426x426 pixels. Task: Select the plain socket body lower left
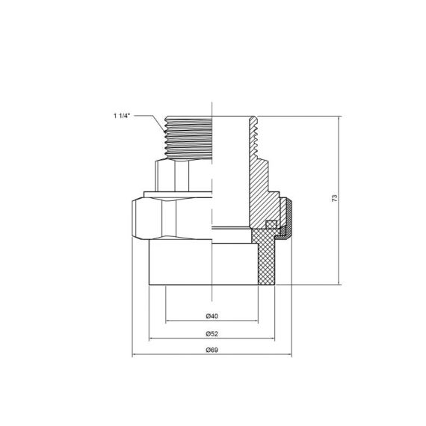point(179,262)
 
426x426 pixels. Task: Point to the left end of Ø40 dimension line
point(166,321)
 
